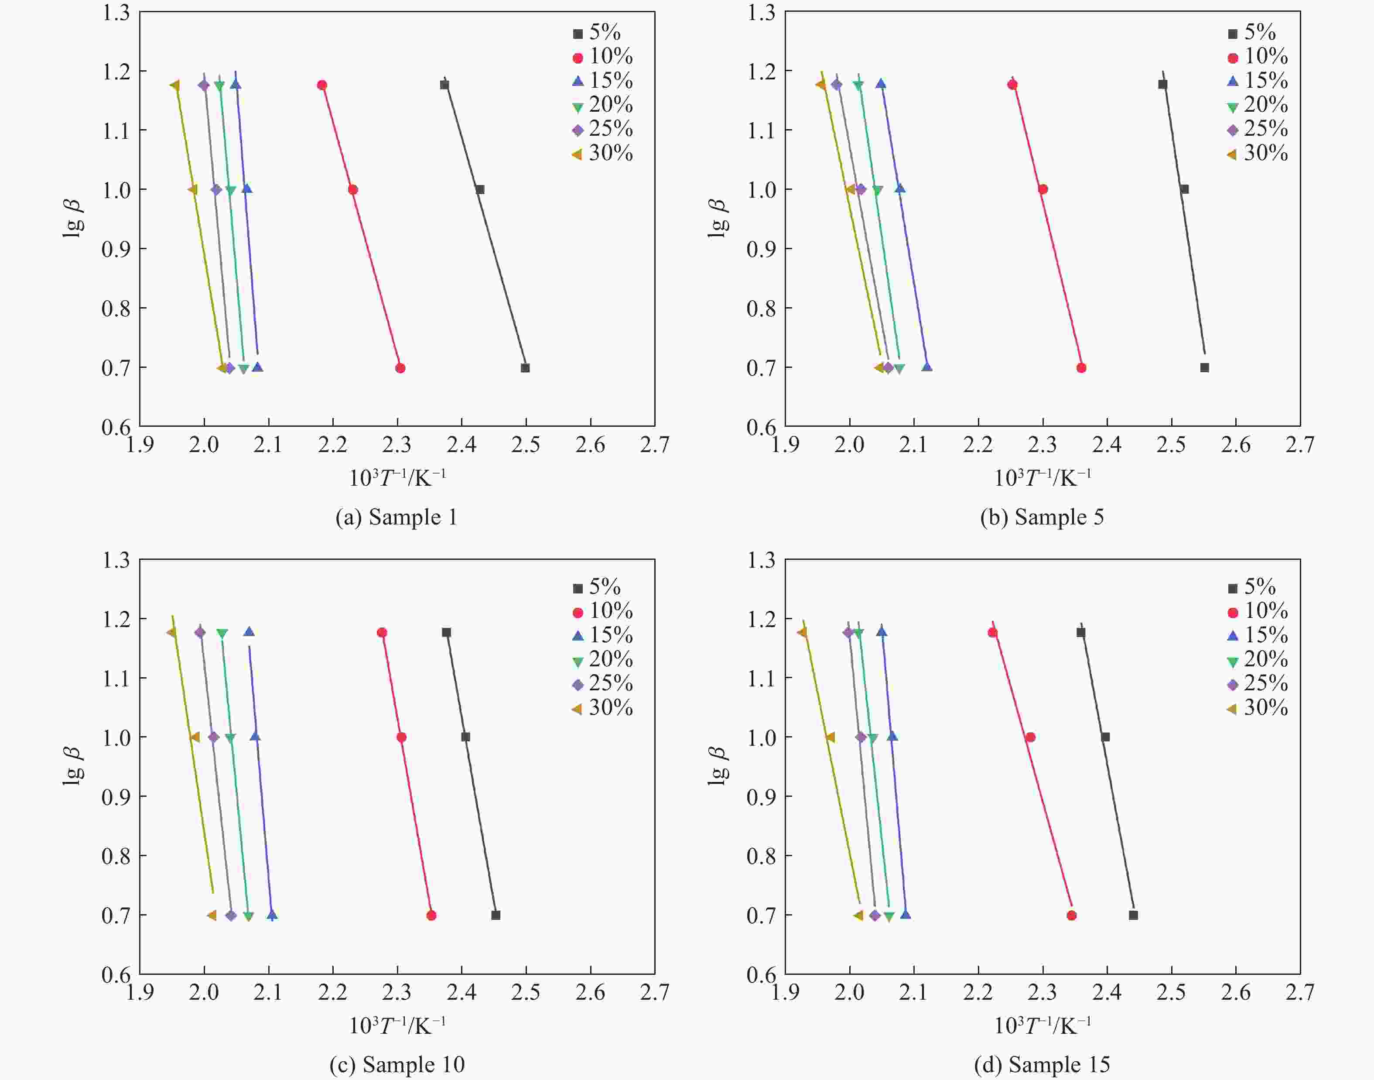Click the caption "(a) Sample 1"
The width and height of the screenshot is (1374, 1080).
point(396,517)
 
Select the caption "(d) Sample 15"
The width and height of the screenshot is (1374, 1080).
point(1042,1064)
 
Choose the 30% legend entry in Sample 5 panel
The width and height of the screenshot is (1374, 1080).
point(1258,154)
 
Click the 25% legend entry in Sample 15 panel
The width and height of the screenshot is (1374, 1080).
point(1258,683)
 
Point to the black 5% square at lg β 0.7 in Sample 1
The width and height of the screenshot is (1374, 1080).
point(525,368)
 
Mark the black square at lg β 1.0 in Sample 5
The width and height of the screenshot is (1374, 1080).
point(1184,189)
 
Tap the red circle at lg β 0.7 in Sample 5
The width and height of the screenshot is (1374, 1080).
point(1081,368)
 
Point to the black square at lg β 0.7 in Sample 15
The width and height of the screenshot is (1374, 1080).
point(1133,915)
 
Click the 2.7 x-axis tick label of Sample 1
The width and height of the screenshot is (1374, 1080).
point(655,445)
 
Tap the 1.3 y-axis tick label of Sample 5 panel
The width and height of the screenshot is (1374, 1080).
point(761,13)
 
